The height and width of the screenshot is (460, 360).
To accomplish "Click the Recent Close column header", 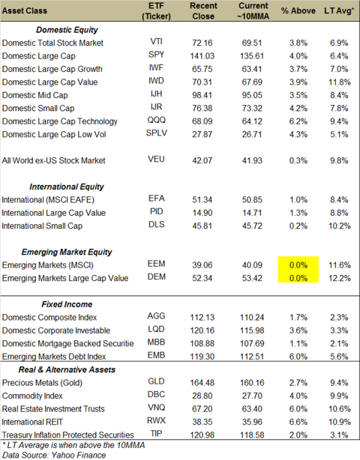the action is pyautogui.click(x=203, y=10).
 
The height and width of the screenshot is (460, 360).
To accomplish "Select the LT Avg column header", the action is pyautogui.click(x=339, y=10).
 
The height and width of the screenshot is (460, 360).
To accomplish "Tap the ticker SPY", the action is pyautogui.click(x=156, y=55).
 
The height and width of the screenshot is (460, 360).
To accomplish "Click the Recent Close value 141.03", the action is pyautogui.click(x=202, y=55).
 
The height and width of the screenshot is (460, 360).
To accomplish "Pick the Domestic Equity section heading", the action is pyautogui.click(x=67, y=30).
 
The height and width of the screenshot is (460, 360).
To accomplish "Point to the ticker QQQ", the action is pyautogui.click(x=156, y=120).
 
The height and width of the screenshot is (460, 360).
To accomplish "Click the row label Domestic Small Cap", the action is pyautogui.click(x=38, y=108).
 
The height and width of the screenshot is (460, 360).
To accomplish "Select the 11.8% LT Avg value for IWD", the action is pyautogui.click(x=340, y=82).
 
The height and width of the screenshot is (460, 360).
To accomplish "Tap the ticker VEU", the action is pyautogui.click(x=156, y=160).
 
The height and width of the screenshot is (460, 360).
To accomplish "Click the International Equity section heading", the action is pyautogui.click(x=67, y=187).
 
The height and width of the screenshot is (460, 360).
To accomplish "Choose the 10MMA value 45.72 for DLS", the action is pyautogui.click(x=252, y=226).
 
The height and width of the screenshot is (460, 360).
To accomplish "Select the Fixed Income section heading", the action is pyautogui.click(x=67, y=304).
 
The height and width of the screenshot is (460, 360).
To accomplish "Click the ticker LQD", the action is pyautogui.click(x=156, y=329).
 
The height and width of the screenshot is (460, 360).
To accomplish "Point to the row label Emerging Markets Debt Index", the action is pyautogui.click(x=54, y=357).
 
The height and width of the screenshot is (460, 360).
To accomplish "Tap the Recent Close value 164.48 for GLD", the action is pyautogui.click(x=202, y=383).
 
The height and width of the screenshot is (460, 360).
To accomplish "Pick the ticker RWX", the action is pyautogui.click(x=156, y=421).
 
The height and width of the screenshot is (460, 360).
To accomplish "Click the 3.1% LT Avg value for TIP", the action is pyautogui.click(x=339, y=435).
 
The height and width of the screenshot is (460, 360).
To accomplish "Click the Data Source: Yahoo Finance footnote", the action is pyautogui.click(x=54, y=455).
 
